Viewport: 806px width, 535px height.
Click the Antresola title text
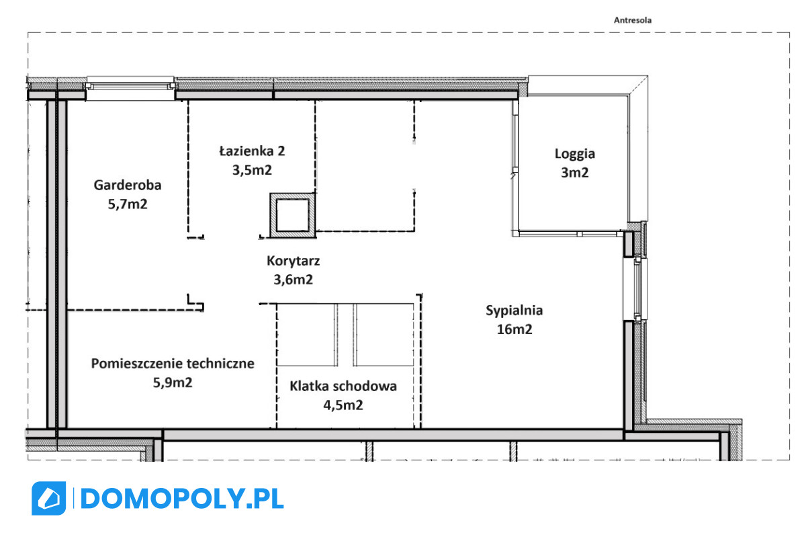[x=632, y=20]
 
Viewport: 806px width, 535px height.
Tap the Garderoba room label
[x=128, y=185]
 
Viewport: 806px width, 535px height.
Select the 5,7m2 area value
[x=128, y=204]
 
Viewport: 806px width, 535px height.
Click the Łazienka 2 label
[x=252, y=151]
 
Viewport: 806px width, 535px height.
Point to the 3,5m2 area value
[x=252, y=170]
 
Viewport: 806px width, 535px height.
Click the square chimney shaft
[x=293, y=216]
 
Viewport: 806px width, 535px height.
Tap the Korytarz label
[x=293, y=261]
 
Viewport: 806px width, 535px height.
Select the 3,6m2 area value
[x=293, y=280]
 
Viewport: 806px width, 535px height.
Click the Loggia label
[x=575, y=154]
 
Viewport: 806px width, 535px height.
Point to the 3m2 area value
[x=575, y=173]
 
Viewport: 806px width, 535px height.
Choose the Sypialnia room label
[x=514, y=311]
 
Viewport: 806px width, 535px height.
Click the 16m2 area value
[x=514, y=329]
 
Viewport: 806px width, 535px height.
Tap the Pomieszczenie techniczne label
[x=173, y=364]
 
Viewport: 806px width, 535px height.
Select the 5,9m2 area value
[x=173, y=382]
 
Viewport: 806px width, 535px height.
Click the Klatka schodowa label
[x=343, y=386]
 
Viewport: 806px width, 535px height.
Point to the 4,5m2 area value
[x=343, y=405]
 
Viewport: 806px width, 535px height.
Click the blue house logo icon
[x=48, y=498]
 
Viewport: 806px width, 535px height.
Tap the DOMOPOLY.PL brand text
[x=182, y=499]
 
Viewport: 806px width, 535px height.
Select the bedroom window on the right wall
[x=636, y=289]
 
